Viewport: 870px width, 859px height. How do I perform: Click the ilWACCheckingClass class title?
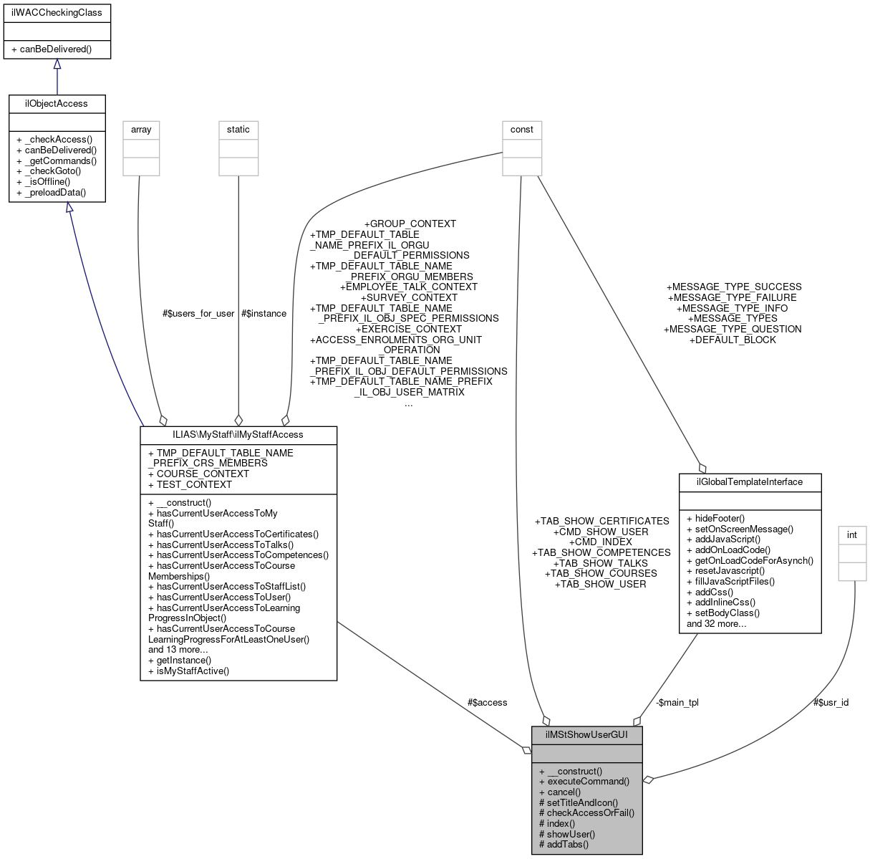[x=57, y=12]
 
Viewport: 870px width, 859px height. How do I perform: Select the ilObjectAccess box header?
[x=57, y=104]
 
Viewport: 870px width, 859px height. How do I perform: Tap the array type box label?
[x=141, y=130]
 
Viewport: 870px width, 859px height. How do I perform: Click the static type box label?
[x=238, y=130]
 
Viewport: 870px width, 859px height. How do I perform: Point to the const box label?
[x=521, y=130]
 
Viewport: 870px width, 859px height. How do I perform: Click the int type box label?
[x=852, y=535]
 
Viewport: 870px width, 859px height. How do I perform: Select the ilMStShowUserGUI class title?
[x=586, y=735]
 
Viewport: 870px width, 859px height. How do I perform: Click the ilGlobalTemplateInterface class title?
[x=750, y=482]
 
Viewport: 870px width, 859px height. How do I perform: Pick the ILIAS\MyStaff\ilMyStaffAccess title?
[x=238, y=435]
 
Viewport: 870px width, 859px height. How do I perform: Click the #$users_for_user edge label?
[x=198, y=314]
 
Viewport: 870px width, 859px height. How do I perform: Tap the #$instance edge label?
[x=264, y=314]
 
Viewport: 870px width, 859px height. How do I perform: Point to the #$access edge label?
[x=487, y=703]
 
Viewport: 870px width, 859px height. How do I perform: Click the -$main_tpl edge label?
[x=677, y=703]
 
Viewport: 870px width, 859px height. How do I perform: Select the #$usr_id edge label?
[x=831, y=703]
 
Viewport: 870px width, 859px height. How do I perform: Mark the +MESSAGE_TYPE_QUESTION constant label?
[x=733, y=330]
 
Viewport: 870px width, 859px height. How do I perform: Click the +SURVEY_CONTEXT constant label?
[x=409, y=297]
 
